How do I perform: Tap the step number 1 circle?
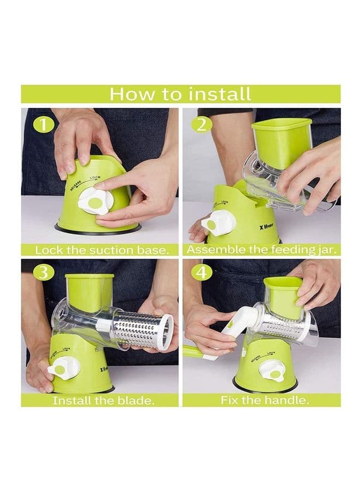(44, 125)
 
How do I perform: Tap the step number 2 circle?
(202, 125)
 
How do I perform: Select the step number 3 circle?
(44, 272)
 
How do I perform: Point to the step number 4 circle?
(202, 272)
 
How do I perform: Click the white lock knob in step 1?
(94, 202)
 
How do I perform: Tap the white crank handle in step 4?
(230, 332)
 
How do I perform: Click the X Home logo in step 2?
(266, 225)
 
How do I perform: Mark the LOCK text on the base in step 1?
(95, 177)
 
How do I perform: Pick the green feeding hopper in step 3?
(89, 293)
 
